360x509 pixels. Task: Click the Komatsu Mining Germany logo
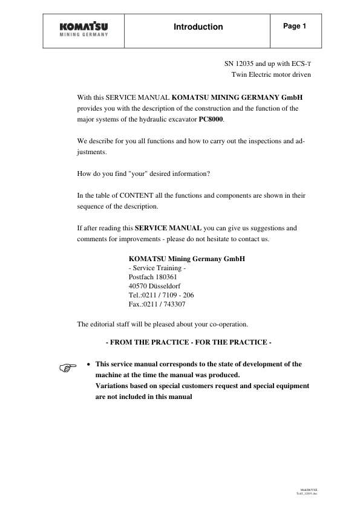pos(84,29)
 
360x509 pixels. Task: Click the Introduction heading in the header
pos(198,27)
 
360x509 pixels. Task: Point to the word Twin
pos(240,74)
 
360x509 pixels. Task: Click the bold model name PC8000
pos(211,119)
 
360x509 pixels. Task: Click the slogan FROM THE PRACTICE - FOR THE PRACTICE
pos(189,342)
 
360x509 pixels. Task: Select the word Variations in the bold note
pos(114,385)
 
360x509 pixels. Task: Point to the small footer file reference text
pos(309,492)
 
